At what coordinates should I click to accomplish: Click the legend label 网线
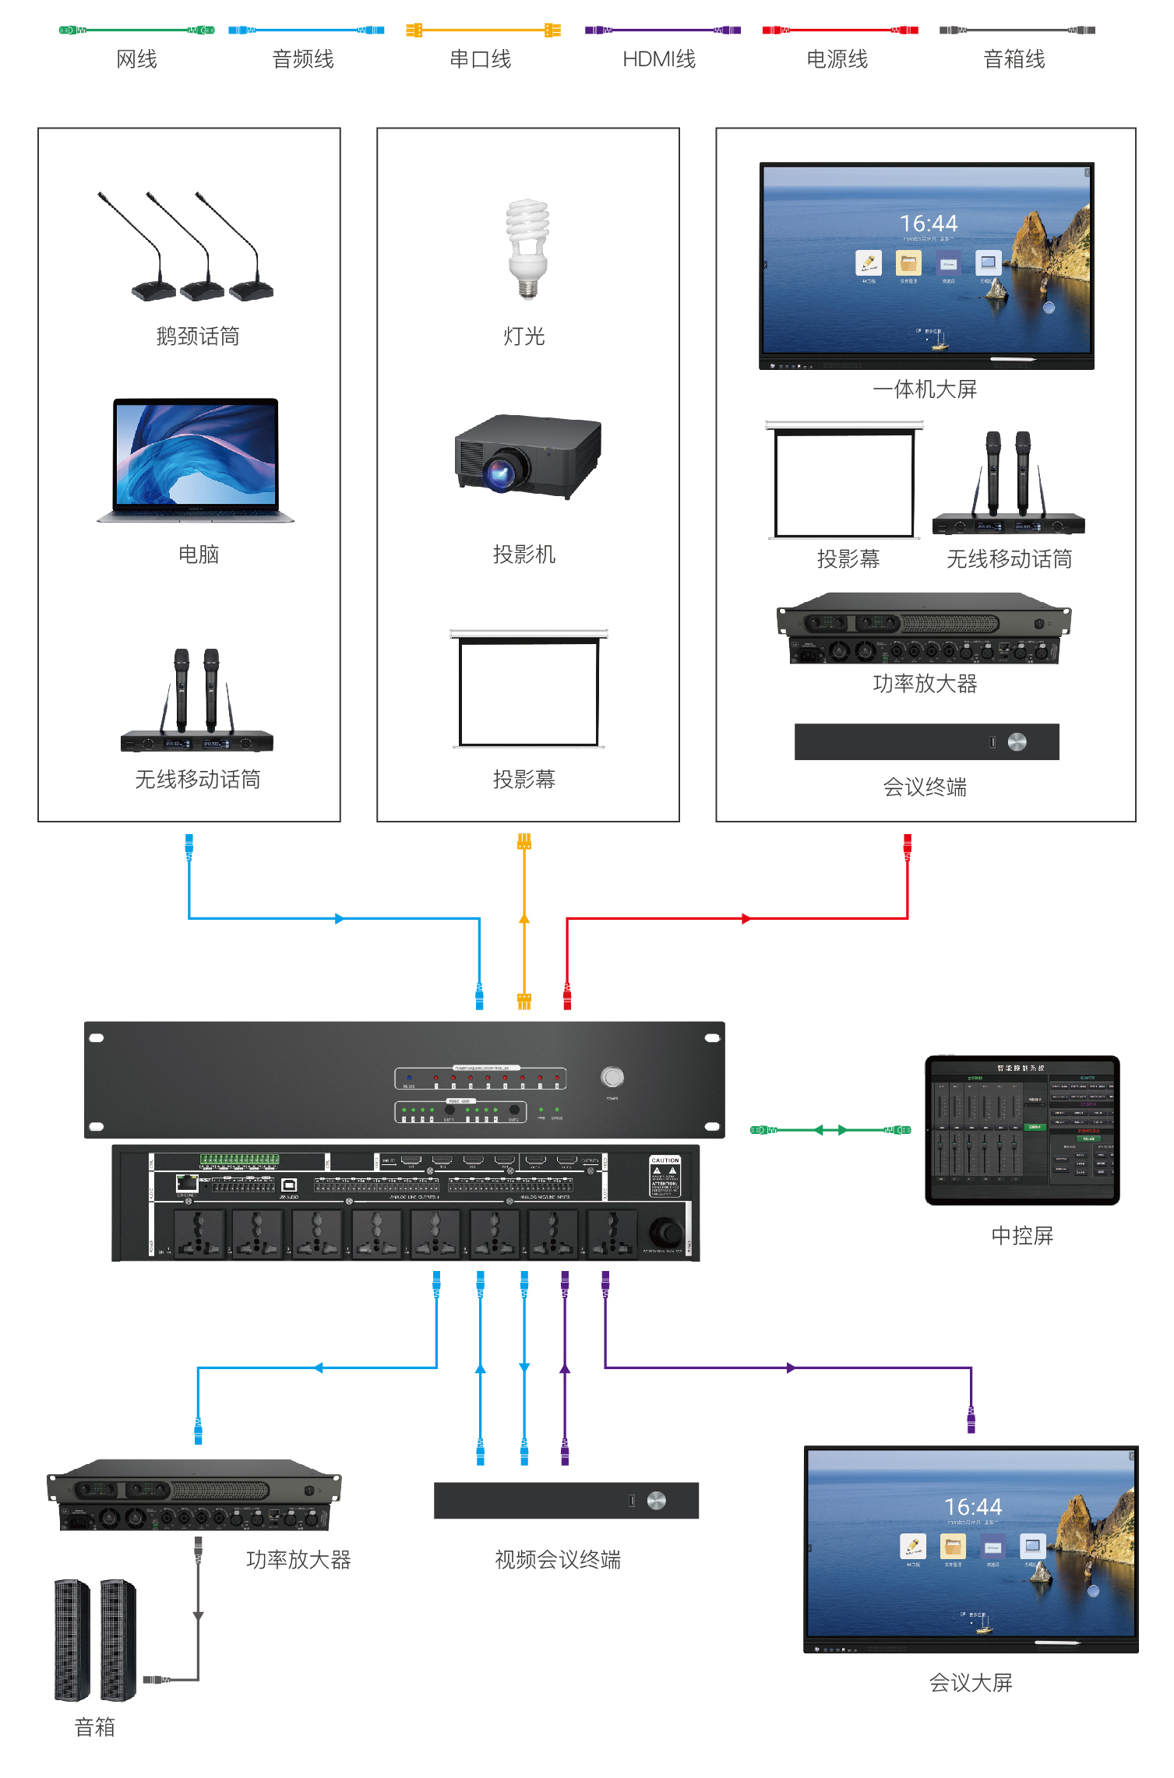click(x=136, y=59)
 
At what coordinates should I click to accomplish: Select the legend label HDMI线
click(x=659, y=59)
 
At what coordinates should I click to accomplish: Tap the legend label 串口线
click(x=481, y=59)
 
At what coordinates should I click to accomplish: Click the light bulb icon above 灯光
click(x=527, y=248)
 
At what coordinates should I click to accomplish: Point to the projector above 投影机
click(x=527, y=456)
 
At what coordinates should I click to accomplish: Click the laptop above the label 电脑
click(x=196, y=459)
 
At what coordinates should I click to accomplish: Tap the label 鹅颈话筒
click(x=198, y=336)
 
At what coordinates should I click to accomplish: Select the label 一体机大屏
click(x=925, y=389)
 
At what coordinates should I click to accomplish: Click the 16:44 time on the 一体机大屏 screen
click(x=929, y=224)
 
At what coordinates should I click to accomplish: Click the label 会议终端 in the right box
click(x=925, y=787)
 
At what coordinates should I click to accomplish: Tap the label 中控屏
click(x=1022, y=1236)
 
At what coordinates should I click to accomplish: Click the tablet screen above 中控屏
click(x=1022, y=1129)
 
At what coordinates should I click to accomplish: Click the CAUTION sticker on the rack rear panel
click(x=665, y=1176)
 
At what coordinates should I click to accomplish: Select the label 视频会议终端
click(x=558, y=1560)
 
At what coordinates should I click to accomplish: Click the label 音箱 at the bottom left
click(x=95, y=1727)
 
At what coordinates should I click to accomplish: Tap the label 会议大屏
click(x=971, y=1683)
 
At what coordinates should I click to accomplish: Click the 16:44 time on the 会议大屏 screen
click(x=973, y=1507)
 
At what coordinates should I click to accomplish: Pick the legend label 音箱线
click(x=1014, y=59)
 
